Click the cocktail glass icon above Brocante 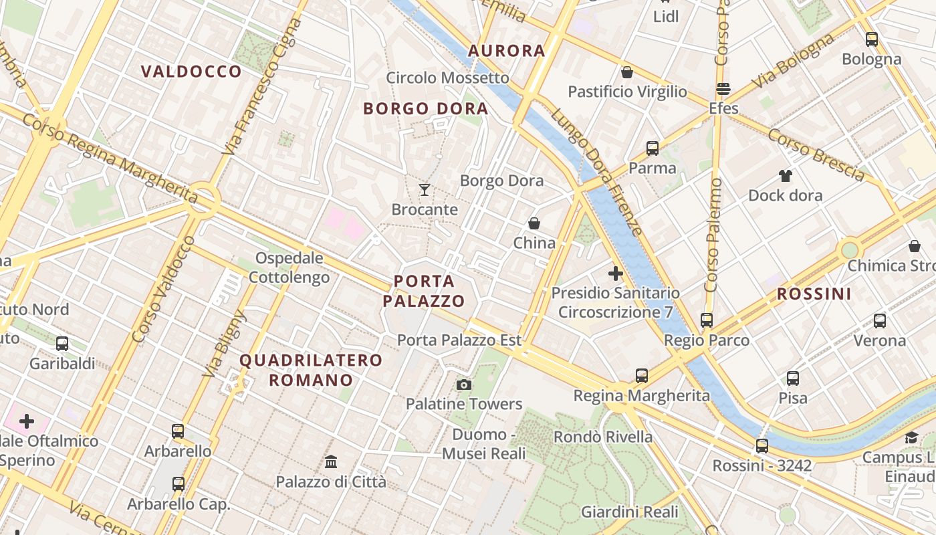click(x=424, y=190)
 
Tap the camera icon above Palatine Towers click(x=463, y=385)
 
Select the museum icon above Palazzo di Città click(x=330, y=461)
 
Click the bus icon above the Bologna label click(x=871, y=39)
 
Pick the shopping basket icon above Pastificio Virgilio click(x=627, y=72)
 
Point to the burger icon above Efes click(x=723, y=88)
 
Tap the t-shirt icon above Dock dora click(x=785, y=176)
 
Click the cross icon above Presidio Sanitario click(x=615, y=273)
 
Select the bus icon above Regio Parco click(x=707, y=320)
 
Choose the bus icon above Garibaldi click(x=62, y=344)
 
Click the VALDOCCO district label click(x=191, y=72)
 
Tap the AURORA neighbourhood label click(x=507, y=50)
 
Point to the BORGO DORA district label click(x=425, y=108)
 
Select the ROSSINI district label click(x=814, y=294)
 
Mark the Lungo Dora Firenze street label click(x=596, y=172)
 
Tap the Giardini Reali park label click(x=629, y=512)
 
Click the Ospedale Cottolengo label click(x=289, y=267)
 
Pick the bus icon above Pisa click(x=793, y=379)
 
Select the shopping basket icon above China click(x=534, y=223)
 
